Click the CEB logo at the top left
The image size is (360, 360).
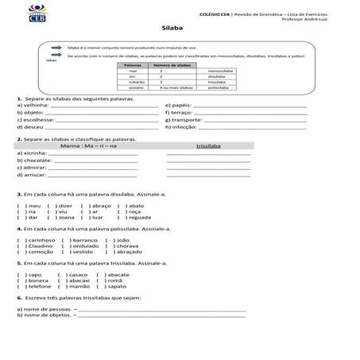coord(32,15)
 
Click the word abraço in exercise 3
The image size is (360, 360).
coord(101,205)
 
